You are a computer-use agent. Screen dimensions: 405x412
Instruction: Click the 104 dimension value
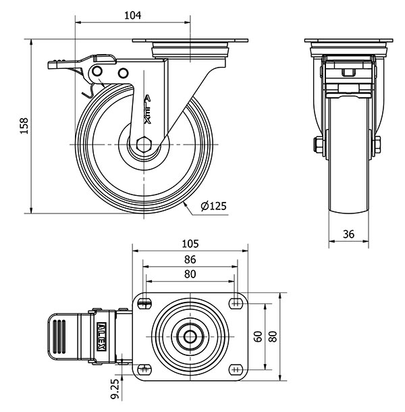pos(132,16)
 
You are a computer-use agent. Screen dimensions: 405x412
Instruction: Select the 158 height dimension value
pos(24,126)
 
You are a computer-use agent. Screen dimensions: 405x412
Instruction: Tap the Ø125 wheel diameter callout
pos(213,206)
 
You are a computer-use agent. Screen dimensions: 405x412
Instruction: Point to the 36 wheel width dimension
pos(348,234)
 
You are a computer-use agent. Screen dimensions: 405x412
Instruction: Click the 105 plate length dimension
pos(190,244)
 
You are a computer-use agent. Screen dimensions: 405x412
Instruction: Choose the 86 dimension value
pos(190,259)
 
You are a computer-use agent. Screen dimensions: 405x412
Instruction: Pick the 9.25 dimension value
pos(115,389)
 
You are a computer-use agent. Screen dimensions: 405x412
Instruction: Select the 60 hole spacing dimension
pos(258,336)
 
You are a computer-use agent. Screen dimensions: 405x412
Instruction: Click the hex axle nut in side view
pos(144,145)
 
